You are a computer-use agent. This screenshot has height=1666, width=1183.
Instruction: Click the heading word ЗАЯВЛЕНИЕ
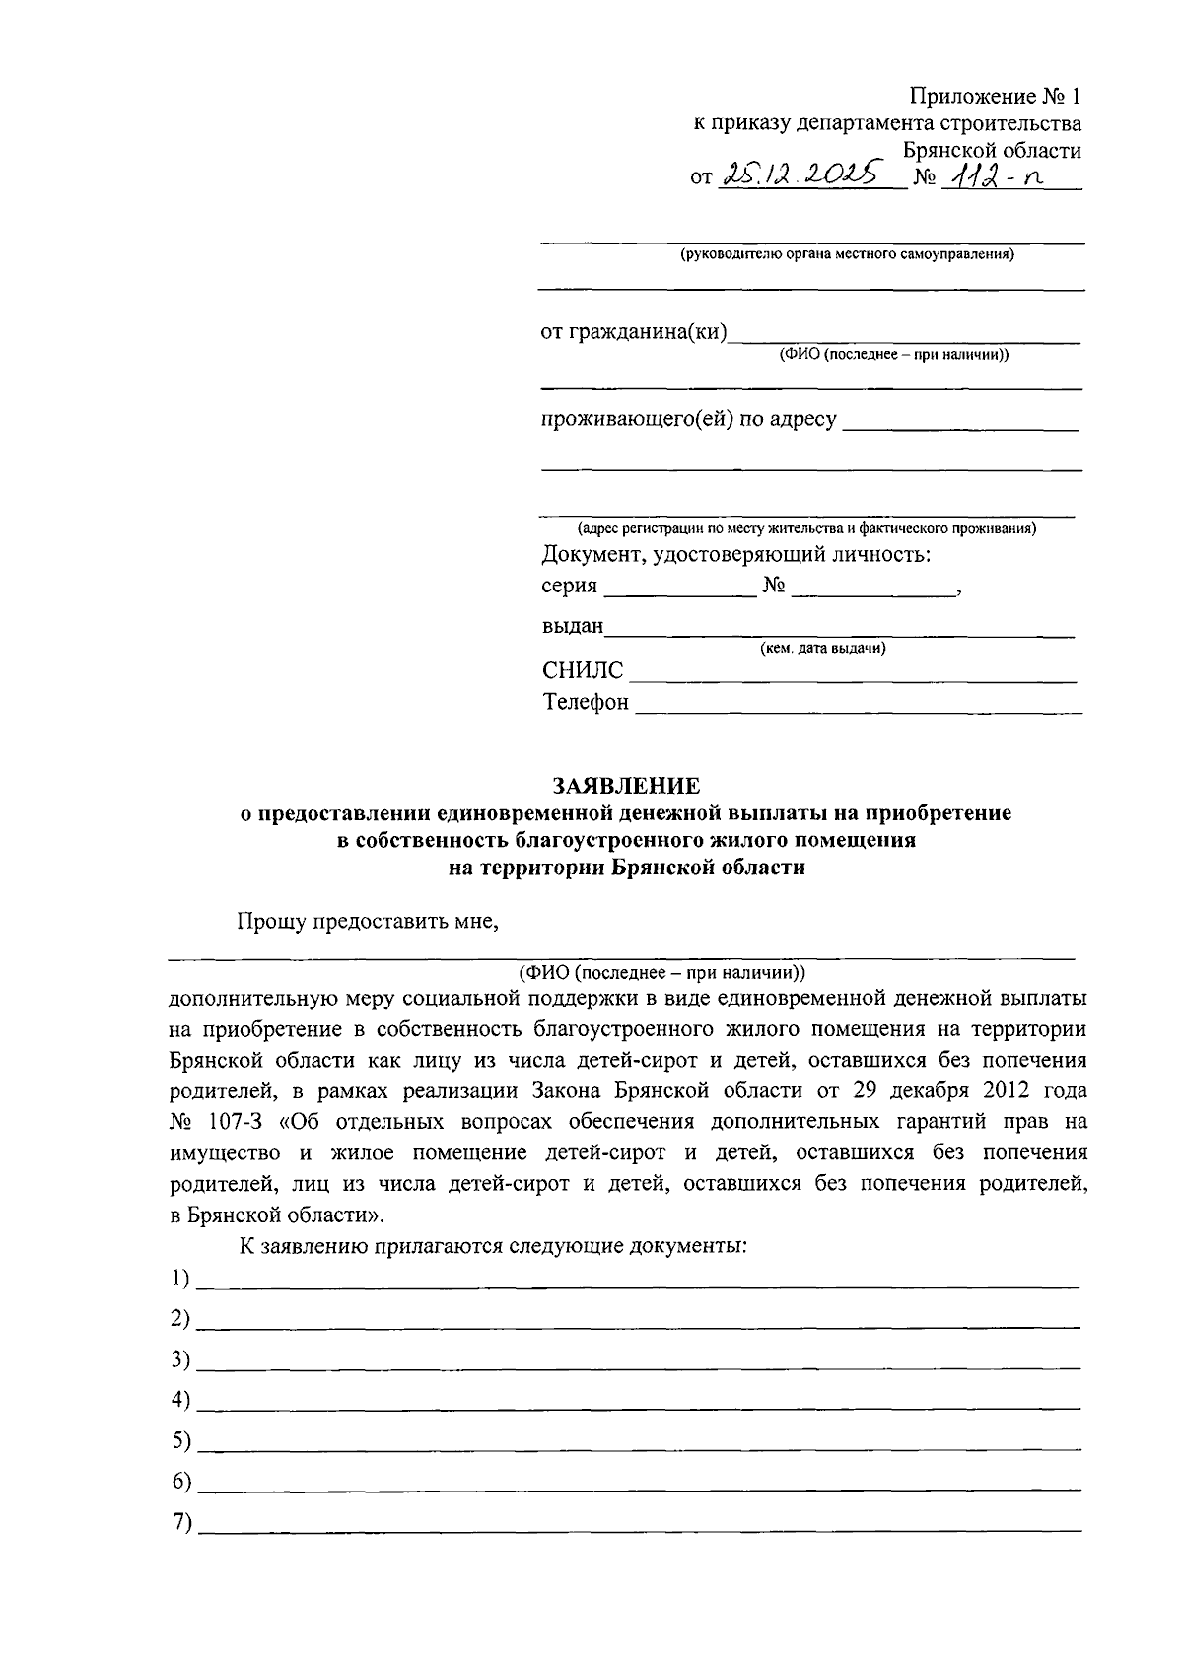[x=626, y=786]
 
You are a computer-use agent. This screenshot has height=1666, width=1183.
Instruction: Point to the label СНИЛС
[x=583, y=671]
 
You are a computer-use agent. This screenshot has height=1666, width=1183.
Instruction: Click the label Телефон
[x=586, y=703]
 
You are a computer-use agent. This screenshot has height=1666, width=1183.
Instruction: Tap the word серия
[x=569, y=586]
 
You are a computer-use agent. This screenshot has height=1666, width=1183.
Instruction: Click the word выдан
[x=572, y=627]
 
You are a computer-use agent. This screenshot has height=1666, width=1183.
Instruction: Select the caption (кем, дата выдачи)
[x=822, y=649]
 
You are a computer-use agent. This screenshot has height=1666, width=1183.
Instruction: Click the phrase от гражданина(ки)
[x=634, y=332]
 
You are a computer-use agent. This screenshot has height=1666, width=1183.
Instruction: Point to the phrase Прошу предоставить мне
[x=368, y=922]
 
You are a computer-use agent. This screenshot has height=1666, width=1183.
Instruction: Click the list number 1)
[x=179, y=1279]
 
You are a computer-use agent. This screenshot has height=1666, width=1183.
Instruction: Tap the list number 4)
[x=179, y=1400]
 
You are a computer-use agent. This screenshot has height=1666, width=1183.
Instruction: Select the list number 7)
[x=179, y=1522]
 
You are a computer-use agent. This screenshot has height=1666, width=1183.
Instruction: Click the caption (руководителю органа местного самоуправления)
[x=847, y=255]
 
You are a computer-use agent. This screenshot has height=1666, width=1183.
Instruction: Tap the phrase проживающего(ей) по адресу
[x=688, y=419]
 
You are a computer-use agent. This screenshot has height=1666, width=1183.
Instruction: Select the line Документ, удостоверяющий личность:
[x=736, y=554]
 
